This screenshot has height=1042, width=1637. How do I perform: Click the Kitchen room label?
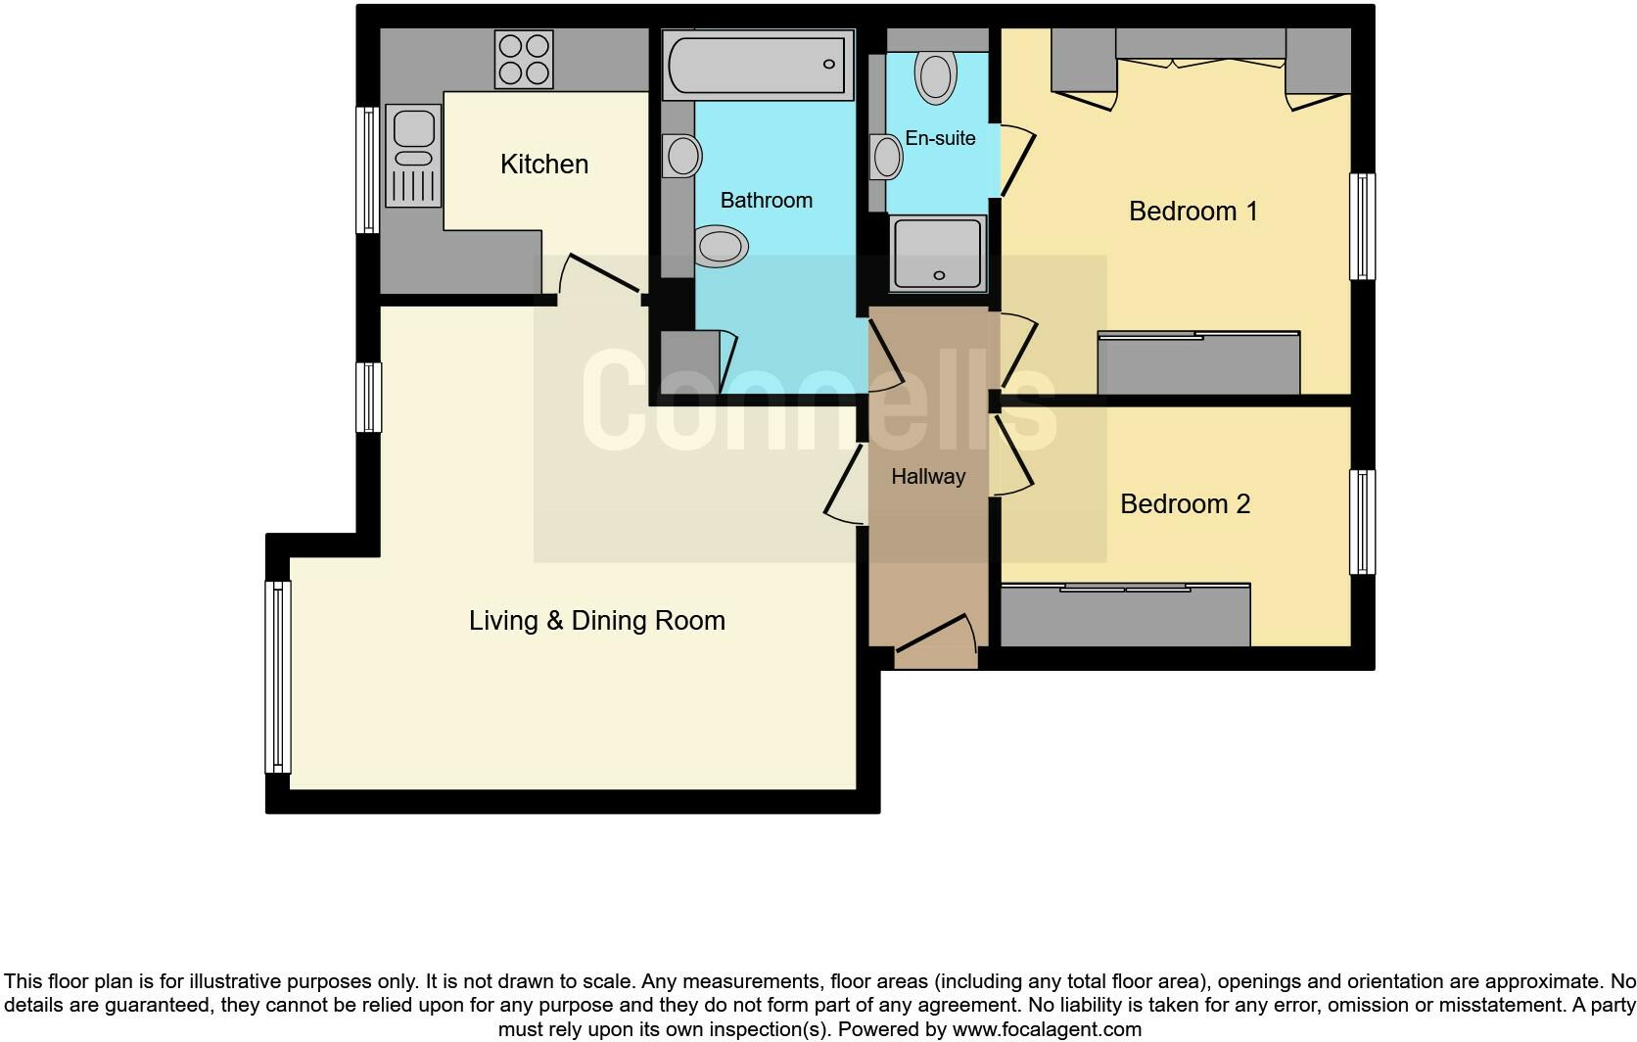(x=544, y=164)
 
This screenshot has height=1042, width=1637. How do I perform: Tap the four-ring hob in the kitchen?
(x=524, y=59)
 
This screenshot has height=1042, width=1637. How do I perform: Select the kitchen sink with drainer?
(x=413, y=157)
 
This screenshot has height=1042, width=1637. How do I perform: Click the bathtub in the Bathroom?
(x=754, y=65)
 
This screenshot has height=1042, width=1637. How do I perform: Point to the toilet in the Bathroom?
(x=721, y=245)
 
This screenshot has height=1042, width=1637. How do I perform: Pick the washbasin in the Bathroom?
(x=682, y=156)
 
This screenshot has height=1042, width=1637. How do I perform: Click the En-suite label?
(x=940, y=138)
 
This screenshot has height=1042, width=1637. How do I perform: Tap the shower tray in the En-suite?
(x=937, y=254)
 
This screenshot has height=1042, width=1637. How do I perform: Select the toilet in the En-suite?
(x=935, y=76)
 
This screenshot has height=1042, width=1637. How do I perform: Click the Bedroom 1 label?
(x=1193, y=211)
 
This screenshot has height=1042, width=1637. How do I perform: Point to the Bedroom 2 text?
(x=1185, y=503)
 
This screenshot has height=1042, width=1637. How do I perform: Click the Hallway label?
(x=928, y=476)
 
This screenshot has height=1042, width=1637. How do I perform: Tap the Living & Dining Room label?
(x=596, y=620)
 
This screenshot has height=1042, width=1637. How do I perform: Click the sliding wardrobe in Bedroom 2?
(x=1125, y=616)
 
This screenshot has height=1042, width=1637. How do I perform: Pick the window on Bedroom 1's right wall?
(x=1362, y=226)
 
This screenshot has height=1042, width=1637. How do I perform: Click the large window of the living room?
(x=278, y=676)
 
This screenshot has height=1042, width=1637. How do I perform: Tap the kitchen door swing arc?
(x=597, y=277)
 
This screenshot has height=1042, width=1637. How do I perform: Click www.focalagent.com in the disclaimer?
(x=1047, y=1029)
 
